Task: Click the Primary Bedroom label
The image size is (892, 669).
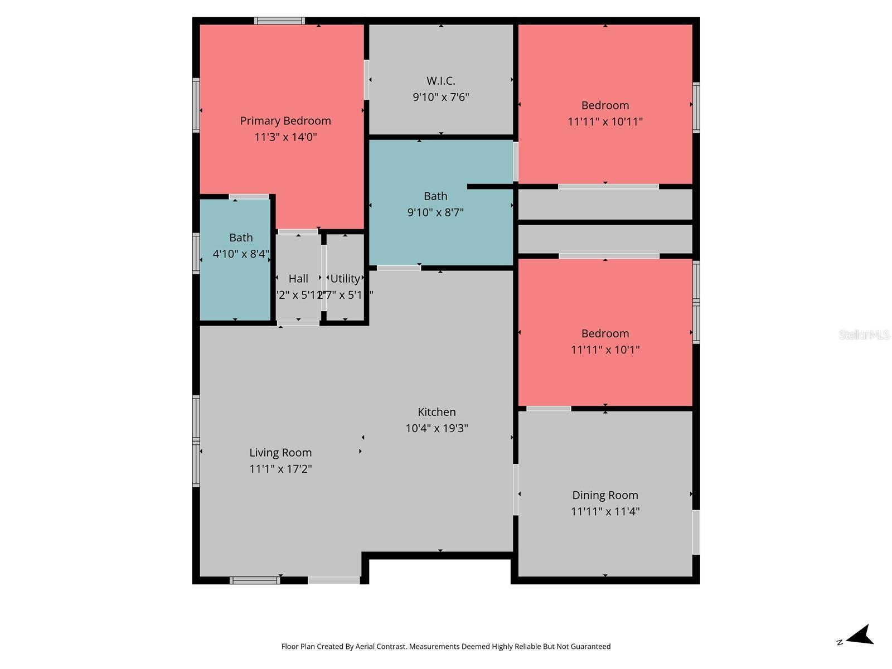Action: pyautogui.click(x=285, y=121)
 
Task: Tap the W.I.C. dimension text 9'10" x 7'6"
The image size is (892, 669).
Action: pyautogui.click(x=440, y=97)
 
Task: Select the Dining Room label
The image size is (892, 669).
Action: pyautogui.click(x=605, y=495)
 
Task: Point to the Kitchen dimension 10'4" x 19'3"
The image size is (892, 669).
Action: pyautogui.click(x=437, y=428)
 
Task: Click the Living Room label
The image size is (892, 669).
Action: pyautogui.click(x=280, y=453)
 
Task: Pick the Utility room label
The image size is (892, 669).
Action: pyautogui.click(x=345, y=279)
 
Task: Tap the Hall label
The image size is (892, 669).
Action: pyautogui.click(x=298, y=279)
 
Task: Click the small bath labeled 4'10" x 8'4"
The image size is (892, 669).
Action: pyautogui.click(x=241, y=246)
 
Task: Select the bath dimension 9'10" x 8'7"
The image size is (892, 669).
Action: pyautogui.click(x=435, y=212)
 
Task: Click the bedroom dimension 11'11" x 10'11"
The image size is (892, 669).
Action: pyautogui.click(x=605, y=122)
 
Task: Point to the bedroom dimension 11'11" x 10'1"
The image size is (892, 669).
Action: pyautogui.click(x=605, y=350)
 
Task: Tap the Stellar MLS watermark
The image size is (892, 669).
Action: pyautogui.click(x=864, y=334)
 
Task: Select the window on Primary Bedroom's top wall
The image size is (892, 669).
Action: pyautogui.click(x=279, y=21)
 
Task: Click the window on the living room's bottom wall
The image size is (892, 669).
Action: pyautogui.click(x=255, y=580)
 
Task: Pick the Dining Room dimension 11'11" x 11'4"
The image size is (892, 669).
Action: pyautogui.click(x=605, y=511)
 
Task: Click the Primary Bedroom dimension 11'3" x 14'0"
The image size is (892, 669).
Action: pyautogui.click(x=285, y=137)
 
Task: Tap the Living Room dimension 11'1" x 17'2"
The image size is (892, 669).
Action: pyautogui.click(x=280, y=469)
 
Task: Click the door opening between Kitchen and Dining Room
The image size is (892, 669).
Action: pyautogui.click(x=516, y=489)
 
